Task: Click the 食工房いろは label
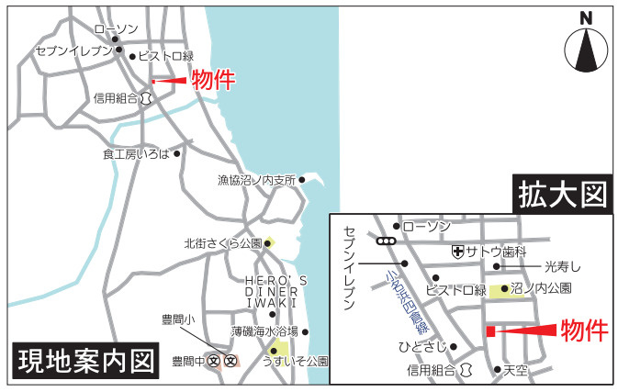point(136,154)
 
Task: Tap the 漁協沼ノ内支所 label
point(256,181)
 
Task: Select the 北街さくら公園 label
point(222,244)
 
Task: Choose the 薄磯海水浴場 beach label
point(264,331)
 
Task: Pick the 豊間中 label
point(188,361)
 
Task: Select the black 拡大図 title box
point(563,195)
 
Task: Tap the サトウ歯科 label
point(496,251)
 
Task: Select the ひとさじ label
point(423,347)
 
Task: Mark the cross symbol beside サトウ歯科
point(457,251)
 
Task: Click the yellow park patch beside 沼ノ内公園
point(500,291)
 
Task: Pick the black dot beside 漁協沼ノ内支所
point(302,180)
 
